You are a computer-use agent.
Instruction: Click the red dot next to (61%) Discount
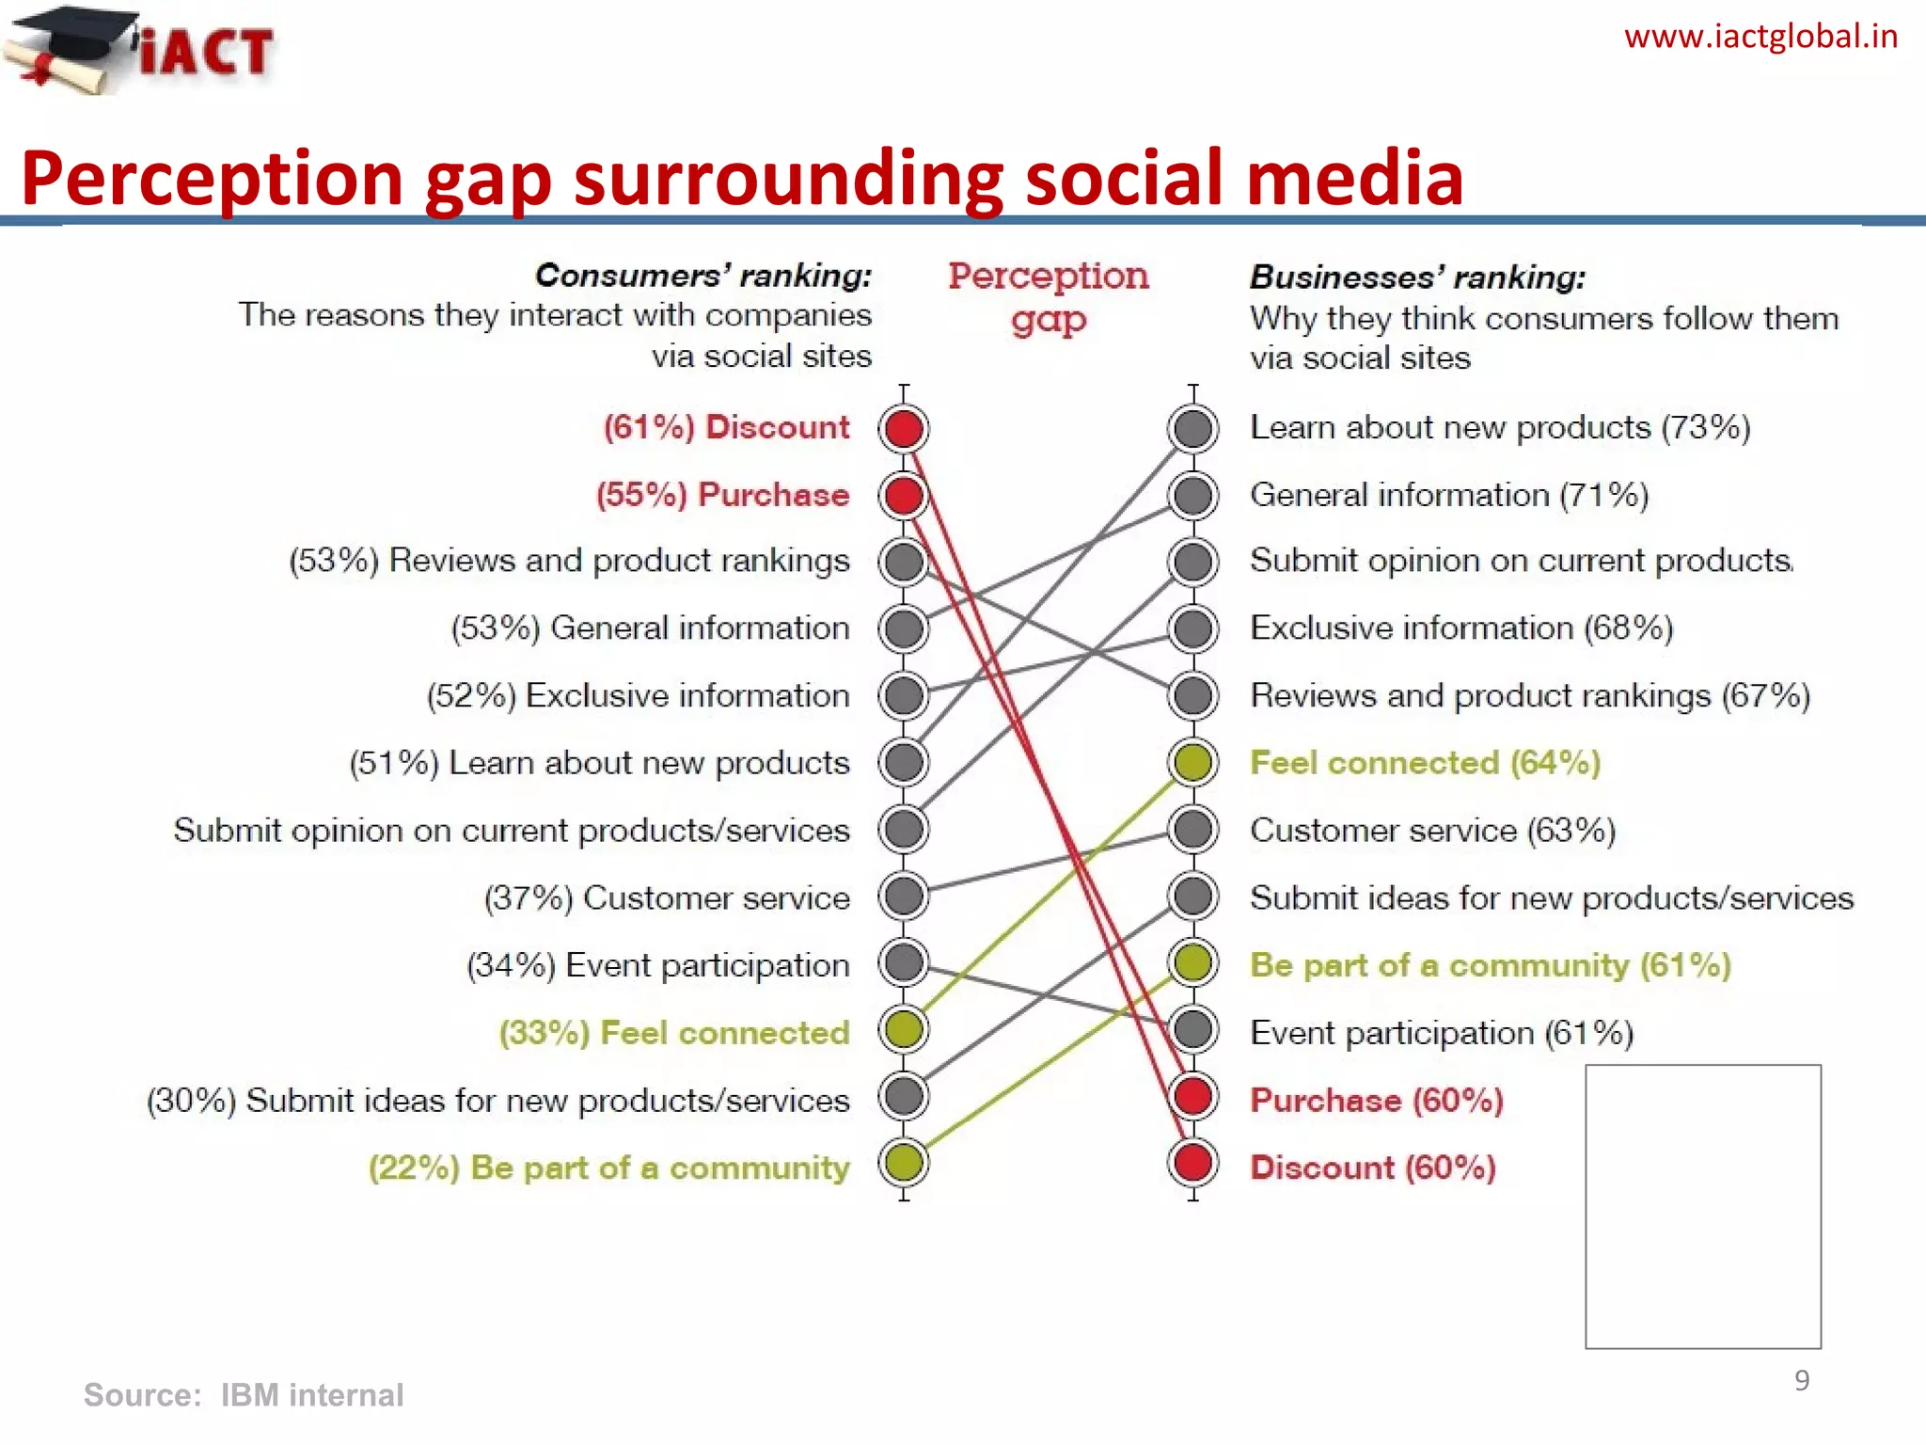[904, 429]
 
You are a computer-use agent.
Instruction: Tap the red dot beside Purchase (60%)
[1192, 1097]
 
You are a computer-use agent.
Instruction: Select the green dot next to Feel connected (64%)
[1192, 762]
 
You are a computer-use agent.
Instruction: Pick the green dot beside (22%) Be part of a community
[904, 1164]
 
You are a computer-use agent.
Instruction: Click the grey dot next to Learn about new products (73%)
[1192, 429]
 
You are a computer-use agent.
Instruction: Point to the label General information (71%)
[1448, 495]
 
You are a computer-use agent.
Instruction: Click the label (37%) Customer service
[666, 897]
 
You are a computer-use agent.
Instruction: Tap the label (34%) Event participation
[657, 965]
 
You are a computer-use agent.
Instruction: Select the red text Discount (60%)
[1372, 1167]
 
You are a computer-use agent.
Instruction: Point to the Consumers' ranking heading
[703, 275]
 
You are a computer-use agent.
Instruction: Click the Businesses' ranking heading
[1416, 277]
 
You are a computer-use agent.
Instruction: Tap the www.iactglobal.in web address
[1760, 38]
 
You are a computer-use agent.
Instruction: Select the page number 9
[1801, 1380]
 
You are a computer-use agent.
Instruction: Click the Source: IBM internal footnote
[244, 1394]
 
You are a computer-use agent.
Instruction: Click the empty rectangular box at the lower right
[1702, 1206]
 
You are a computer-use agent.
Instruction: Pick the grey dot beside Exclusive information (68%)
[1192, 628]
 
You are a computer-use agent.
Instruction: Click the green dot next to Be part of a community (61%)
[1192, 962]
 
